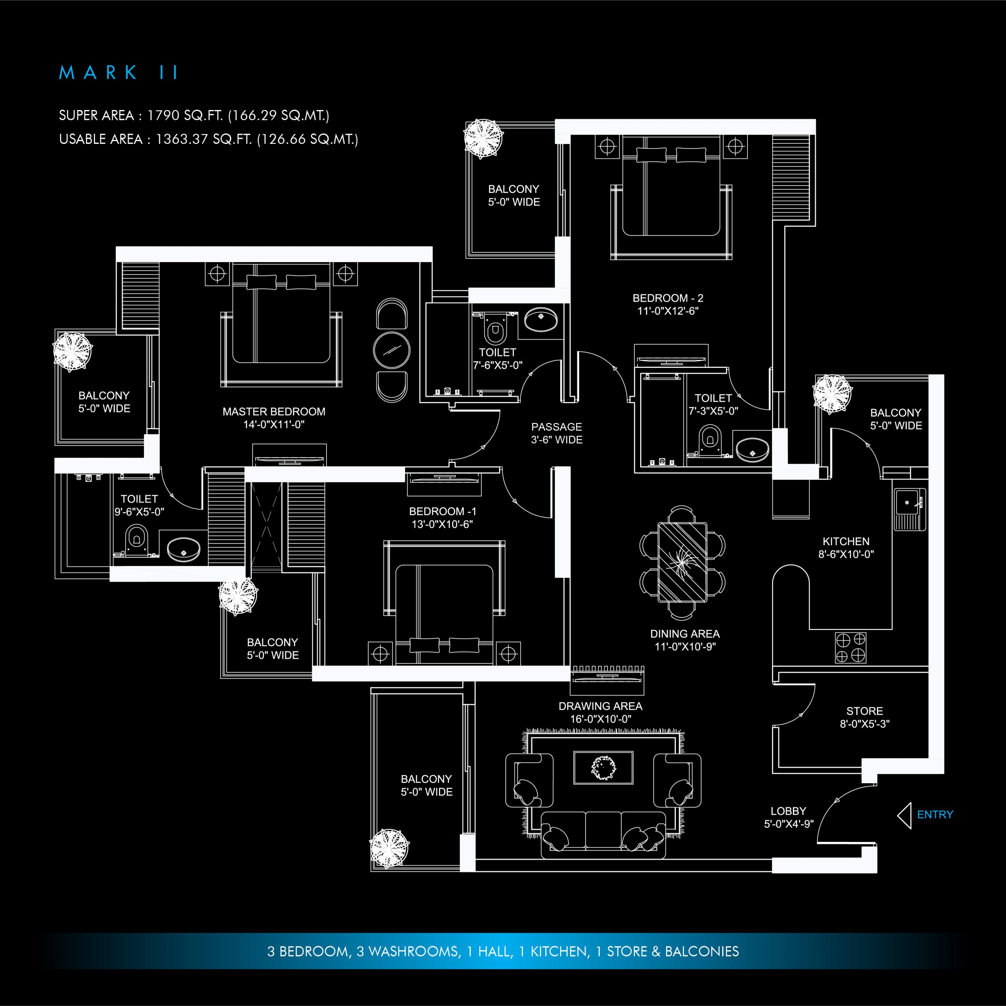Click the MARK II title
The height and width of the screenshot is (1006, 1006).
coord(118,72)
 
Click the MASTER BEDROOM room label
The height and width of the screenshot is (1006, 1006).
coord(274,411)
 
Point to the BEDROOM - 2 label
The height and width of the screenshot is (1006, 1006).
coord(668,298)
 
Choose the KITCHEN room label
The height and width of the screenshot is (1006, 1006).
coord(846,542)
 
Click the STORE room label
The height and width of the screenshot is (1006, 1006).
coord(865,711)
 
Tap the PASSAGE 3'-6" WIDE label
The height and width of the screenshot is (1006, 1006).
coord(556,433)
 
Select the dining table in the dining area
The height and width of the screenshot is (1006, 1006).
coord(682,562)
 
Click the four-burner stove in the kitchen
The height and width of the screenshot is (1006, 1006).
coord(850,647)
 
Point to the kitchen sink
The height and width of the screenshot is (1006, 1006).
coord(910,509)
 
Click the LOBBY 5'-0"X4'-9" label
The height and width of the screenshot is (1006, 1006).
coord(788,817)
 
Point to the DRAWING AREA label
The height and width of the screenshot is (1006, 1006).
coord(600,706)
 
